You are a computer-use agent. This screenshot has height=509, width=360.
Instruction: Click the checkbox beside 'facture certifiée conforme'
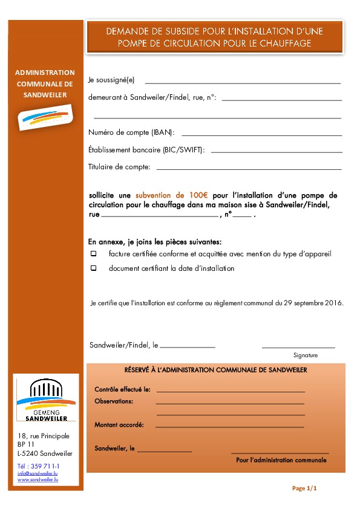point(94,254)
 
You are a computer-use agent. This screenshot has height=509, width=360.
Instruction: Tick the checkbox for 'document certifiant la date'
point(94,268)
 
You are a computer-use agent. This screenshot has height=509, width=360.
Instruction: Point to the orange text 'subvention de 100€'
point(171,195)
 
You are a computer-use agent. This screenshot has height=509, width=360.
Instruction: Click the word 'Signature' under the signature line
point(305,355)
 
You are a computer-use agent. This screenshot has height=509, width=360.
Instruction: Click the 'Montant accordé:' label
point(119,424)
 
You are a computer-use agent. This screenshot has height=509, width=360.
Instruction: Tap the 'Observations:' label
point(114,401)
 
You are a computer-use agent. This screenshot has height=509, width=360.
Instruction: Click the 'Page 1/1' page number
point(304,488)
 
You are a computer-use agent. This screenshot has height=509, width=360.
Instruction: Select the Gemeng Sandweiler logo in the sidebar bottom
point(46,400)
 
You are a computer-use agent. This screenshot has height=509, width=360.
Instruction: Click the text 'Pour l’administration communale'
point(281,460)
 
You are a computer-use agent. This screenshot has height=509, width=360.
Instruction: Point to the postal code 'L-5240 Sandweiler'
point(45,453)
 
